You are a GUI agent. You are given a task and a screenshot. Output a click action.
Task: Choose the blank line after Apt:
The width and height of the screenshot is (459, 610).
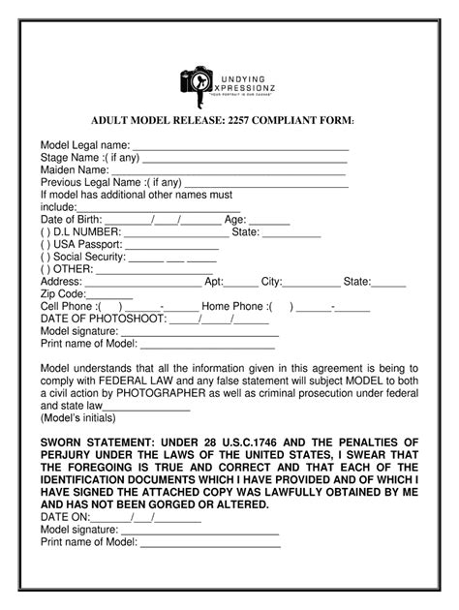click(240, 287)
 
